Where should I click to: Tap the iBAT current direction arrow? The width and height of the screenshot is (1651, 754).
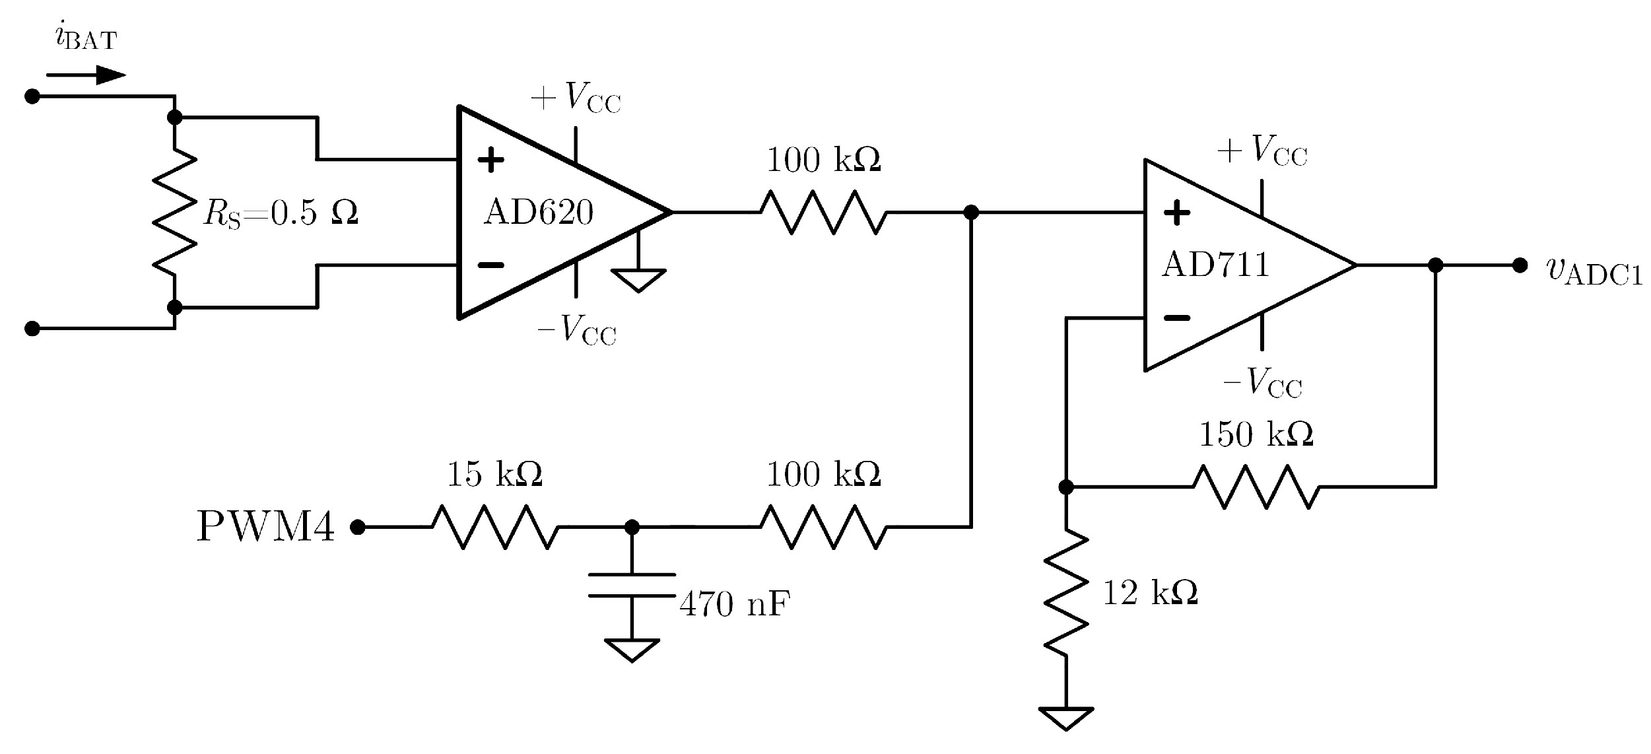pyautogui.click(x=86, y=75)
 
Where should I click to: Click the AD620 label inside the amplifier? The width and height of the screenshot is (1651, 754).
pyautogui.click(x=538, y=213)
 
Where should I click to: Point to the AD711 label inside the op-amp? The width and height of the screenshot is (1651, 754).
pyautogui.click(x=1215, y=265)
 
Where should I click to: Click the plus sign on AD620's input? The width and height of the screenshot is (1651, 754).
pyautogui.click(x=490, y=160)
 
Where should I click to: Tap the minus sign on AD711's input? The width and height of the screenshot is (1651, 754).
pyautogui.click(x=1176, y=318)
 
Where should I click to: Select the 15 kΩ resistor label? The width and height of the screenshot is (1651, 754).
pyautogui.click(x=494, y=474)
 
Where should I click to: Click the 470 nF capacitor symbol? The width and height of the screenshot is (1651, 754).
pyautogui.click(x=632, y=585)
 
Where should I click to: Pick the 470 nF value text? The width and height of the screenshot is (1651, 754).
pyautogui.click(x=734, y=603)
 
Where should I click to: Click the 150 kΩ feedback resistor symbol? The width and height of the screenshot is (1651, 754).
pyautogui.click(x=1256, y=487)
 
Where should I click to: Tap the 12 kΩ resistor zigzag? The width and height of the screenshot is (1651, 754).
pyautogui.click(x=1065, y=594)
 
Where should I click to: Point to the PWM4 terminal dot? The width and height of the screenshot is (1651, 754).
pyautogui.click(x=358, y=527)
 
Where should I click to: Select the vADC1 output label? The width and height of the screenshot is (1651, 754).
pyautogui.click(x=1594, y=270)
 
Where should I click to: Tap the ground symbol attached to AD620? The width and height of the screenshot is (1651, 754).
pyautogui.click(x=638, y=279)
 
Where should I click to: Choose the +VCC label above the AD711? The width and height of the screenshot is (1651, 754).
pyautogui.click(x=1262, y=151)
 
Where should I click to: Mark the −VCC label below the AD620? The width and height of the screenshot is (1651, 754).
pyautogui.click(x=576, y=329)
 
